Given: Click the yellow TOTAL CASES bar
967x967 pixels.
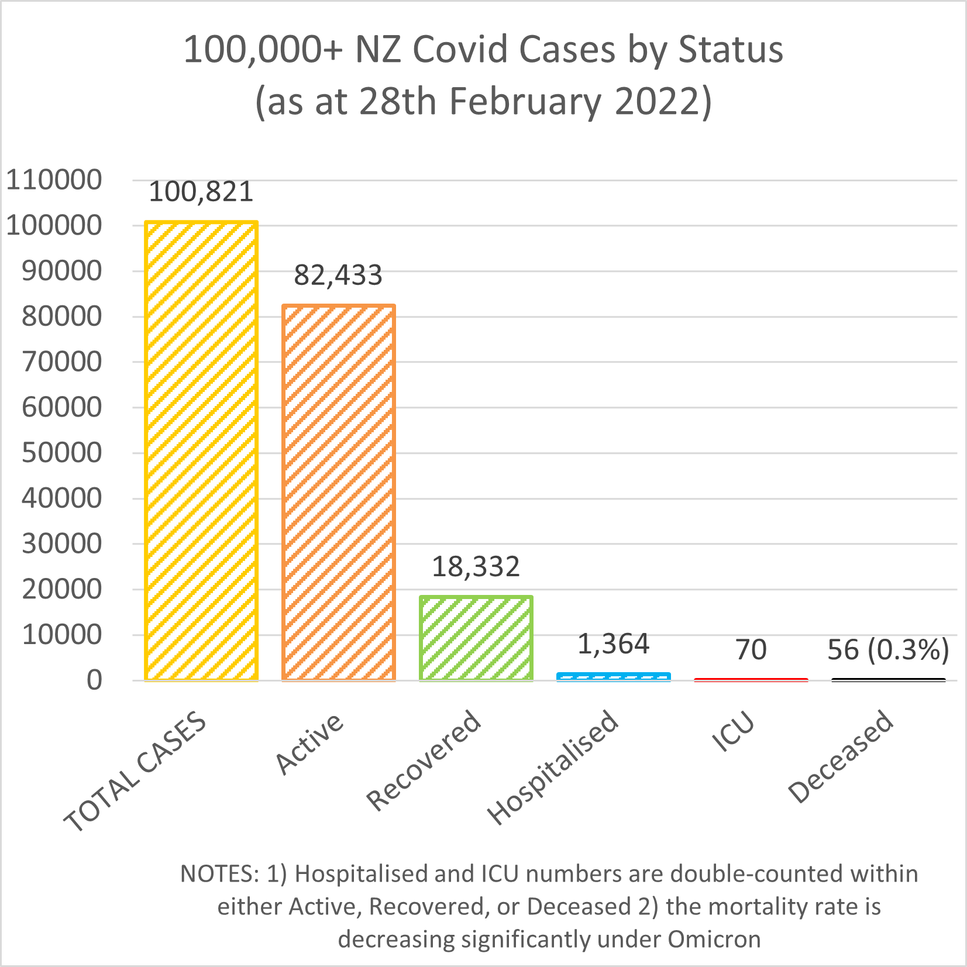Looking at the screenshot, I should [x=201, y=450].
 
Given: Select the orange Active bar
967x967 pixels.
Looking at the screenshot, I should [x=339, y=492].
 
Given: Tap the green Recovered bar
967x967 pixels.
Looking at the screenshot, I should [x=476, y=638].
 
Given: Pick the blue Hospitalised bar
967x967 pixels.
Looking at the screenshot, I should [x=614, y=676].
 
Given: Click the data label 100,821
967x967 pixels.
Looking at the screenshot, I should [x=201, y=192].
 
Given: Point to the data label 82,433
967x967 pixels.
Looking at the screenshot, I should [x=338, y=275].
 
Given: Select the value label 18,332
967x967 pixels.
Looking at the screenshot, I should [x=476, y=567].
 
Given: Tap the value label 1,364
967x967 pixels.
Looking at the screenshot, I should [x=613, y=644].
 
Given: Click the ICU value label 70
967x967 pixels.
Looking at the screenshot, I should [x=751, y=650].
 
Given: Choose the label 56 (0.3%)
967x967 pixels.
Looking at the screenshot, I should [x=888, y=650].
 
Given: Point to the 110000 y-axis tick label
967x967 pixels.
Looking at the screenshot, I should [x=54, y=180].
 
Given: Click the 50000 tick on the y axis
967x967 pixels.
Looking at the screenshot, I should [x=61, y=453].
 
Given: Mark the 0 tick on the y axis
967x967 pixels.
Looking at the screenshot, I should [x=94, y=680].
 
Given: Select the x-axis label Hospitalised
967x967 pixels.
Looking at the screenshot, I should [x=553, y=766].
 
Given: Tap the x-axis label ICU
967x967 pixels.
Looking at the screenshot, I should [x=734, y=731].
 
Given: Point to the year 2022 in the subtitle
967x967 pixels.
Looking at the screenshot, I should [x=656, y=101].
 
